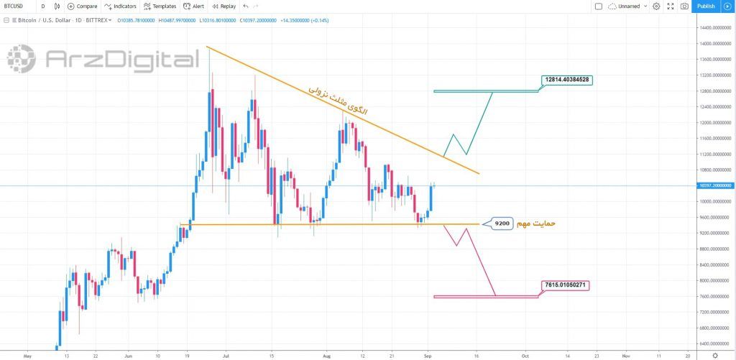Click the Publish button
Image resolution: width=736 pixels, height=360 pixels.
click(x=706, y=6)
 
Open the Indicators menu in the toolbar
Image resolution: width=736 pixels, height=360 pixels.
click(x=120, y=6)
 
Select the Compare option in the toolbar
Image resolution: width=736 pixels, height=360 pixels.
click(x=82, y=6)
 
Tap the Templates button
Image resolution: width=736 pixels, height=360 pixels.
click(x=160, y=6)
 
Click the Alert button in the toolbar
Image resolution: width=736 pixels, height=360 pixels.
click(x=194, y=6)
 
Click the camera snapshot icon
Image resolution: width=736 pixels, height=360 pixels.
click(x=684, y=6)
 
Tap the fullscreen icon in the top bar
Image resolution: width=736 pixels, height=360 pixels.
click(x=670, y=6)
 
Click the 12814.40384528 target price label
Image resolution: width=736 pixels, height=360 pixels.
click(x=567, y=79)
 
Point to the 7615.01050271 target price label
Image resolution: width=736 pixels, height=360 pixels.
click(x=567, y=285)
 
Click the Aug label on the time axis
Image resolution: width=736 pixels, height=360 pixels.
click(x=327, y=355)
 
